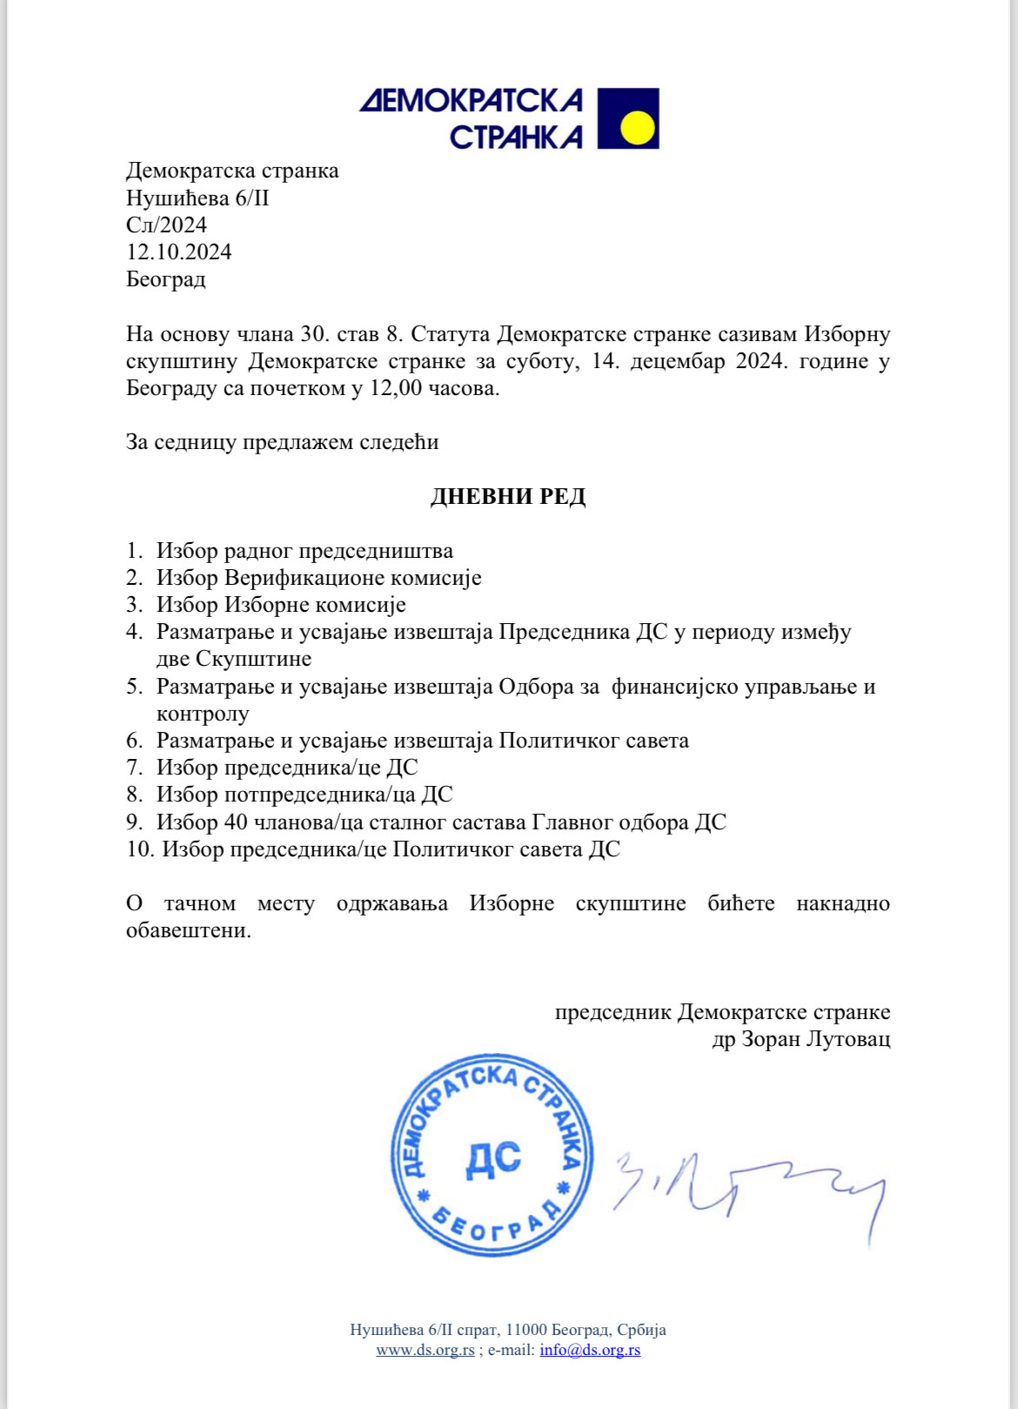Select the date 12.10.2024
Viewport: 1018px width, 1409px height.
click(179, 252)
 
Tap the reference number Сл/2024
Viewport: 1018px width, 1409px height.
click(166, 225)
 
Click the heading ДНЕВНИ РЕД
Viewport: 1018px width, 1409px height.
click(508, 497)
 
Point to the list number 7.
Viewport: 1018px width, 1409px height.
click(134, 768)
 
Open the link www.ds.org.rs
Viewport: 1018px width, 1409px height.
click(425, 1350)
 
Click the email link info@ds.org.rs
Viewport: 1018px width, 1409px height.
click(590, 1350)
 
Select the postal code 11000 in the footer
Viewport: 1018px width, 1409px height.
click(526, 1330)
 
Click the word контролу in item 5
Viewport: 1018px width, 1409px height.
click(203, 714)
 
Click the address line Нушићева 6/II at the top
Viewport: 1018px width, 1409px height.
click(198, 198)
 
